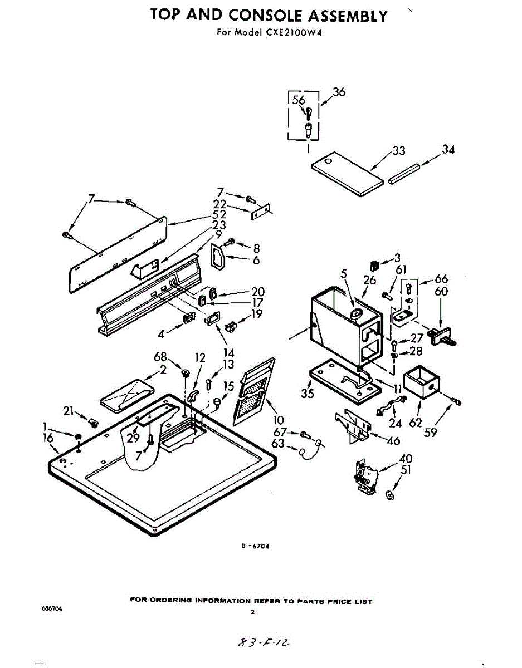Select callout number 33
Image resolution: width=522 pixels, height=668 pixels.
tap(398, 151)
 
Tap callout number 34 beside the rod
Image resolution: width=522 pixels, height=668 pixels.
tap(448, 150)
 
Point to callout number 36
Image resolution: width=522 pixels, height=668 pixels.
tap(339, 92)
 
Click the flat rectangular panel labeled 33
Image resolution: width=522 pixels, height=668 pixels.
tap(347, 175)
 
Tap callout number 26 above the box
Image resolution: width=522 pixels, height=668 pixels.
tap(370, 281)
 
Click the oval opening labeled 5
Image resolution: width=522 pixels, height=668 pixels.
tap(355, 316)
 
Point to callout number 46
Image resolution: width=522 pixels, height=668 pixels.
tap(393, 441)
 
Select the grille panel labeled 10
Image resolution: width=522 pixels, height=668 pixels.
tap(253, 392)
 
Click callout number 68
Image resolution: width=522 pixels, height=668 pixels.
tap(160, 357)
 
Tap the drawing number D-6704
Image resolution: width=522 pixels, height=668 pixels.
tap(256, 546)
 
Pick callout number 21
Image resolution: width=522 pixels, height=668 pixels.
tap(69, 411)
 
